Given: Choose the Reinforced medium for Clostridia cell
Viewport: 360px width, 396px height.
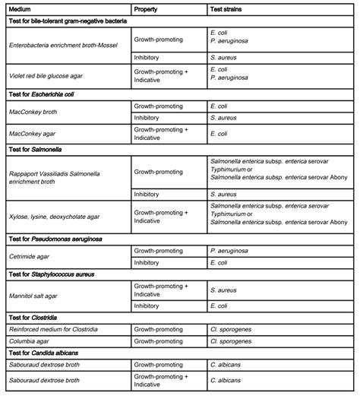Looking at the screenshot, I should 58,329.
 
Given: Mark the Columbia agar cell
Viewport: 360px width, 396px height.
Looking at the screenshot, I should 30,341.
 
